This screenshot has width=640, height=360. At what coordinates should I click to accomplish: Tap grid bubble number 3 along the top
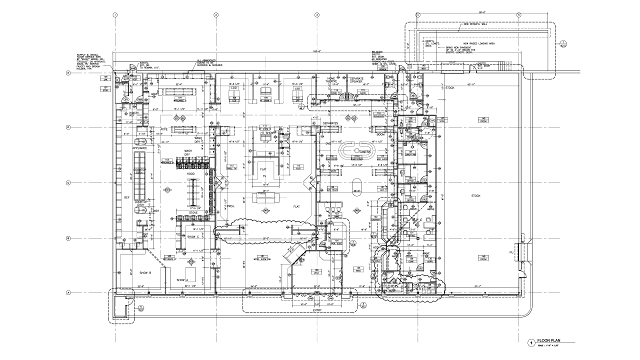click(317, 14)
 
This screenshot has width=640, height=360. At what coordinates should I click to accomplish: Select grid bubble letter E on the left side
click(68, 73)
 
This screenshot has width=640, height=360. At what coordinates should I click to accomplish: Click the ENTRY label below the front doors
click(317, 310)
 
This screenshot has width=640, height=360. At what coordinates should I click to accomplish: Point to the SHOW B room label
click(145, 273)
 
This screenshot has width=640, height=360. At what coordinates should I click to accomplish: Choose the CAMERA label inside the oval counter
click(364, 151)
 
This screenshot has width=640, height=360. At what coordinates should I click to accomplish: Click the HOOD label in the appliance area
click(190, 174)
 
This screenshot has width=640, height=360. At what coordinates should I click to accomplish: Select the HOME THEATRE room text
click(331, 80)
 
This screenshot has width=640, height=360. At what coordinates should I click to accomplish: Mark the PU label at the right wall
click(511, 252)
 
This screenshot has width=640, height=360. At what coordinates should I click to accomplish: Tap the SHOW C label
click(193, 236)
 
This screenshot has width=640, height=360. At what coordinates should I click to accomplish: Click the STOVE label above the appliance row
click(193, 212)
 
